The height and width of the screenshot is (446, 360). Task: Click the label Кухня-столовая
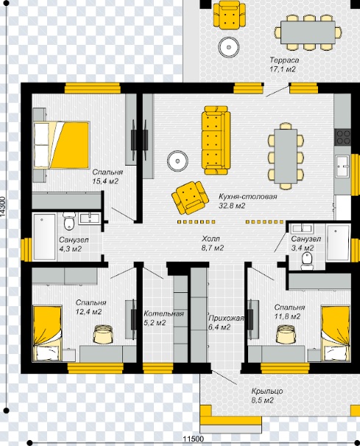click(x=247, y=197)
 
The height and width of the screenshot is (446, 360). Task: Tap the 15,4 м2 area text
click(x=105, y=181)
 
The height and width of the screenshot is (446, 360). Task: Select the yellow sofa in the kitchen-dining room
click(x=216, y=141)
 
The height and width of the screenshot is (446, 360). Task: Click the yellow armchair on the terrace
click(x=230, y=15)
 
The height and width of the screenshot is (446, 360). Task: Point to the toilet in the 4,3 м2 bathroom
click(x=69, y=221)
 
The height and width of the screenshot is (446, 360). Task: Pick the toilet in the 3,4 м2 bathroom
click(x=307, y=261)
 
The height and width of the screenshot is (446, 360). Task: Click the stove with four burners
click(x=342, y=137)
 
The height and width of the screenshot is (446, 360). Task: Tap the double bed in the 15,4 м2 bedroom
click(x=61, y=145)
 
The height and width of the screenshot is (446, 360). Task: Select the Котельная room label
click(x=163, y=314)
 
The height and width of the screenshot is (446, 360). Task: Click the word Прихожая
click(x=226, y=318)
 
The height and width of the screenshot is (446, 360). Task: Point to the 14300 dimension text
click(x=2, y=207)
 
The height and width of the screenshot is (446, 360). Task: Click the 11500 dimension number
click(x=193, y=439)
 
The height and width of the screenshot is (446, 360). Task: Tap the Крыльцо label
click(x=267, y=391)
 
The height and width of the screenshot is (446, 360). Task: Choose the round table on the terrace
click(x=228, y=47)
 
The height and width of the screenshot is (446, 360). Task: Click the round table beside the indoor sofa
click(x=177, y=161)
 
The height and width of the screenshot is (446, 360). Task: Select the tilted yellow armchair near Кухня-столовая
click(x=190, y=198)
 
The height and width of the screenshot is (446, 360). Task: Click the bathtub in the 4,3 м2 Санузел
click(x=44, y=237)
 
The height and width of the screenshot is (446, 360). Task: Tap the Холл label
click(x=211, y=238)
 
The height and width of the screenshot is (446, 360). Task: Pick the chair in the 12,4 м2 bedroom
click(x=103, y=334)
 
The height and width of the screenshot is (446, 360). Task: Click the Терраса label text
click(x=284, y=60)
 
